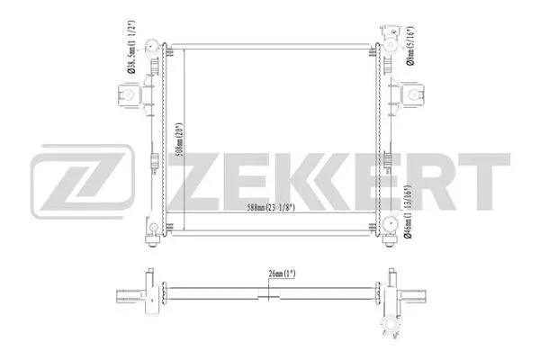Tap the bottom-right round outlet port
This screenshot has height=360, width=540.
point(390,226)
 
